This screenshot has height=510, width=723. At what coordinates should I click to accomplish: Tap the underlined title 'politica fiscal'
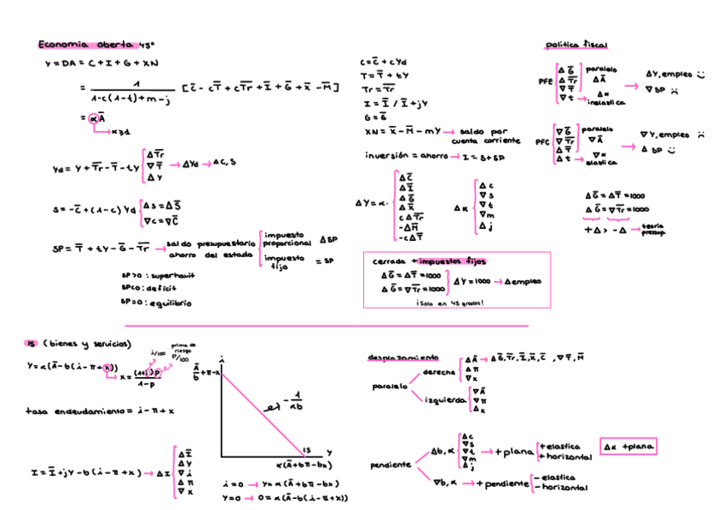click(x=576, y=44)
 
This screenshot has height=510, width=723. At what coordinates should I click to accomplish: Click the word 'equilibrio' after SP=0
click(x=171, y=301)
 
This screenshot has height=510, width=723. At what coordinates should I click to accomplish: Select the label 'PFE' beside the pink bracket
click(x=545, y=83)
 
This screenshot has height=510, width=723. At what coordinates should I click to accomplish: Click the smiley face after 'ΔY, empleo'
click(x=701, y=74)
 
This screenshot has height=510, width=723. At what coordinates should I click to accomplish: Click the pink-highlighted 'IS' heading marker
click(x=31, y=343)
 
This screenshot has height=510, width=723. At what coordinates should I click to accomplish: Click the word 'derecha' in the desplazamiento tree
click(x=439, y=372)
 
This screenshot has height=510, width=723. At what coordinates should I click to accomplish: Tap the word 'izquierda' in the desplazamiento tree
click(x=444, y=398)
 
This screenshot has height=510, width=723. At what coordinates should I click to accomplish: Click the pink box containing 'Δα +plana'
click(x=628, y=446)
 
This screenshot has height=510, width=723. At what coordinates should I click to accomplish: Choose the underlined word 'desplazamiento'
click(x=403, y=357)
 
